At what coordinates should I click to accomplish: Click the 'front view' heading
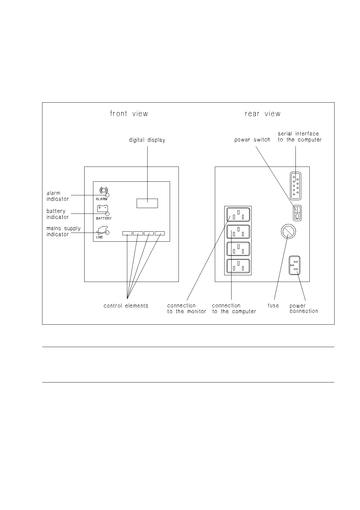tap(129, 113)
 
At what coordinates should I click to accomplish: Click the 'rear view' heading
tap(262, 113)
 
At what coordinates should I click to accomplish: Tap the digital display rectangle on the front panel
tap(147, 203)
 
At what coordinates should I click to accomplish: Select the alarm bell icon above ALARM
tap(104, 190)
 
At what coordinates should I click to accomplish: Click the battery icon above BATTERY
tap(102, 209)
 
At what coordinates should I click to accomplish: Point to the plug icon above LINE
tap(102, 230)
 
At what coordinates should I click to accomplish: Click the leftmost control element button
tap(127, 233)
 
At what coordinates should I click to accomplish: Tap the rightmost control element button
tap(160, 233)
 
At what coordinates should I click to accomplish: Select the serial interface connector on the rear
tap(295, 186)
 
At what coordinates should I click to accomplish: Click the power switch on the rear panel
tap(297, 213)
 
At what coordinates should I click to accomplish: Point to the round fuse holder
tap(288, 232)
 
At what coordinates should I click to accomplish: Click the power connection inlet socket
tap(295, 265)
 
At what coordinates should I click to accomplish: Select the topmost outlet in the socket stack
tap(238, 214)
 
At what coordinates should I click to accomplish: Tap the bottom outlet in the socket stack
tap(238, 266)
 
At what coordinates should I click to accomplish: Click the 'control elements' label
tap(126, 306)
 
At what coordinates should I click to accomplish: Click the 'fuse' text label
tap(273, 305)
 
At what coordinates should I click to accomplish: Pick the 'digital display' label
tap(147, 140)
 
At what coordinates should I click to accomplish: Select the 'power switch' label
tap(252, 140)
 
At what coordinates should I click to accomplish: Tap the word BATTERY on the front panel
tap(104, 218)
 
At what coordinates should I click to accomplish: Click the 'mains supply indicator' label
tap(64, 231)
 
